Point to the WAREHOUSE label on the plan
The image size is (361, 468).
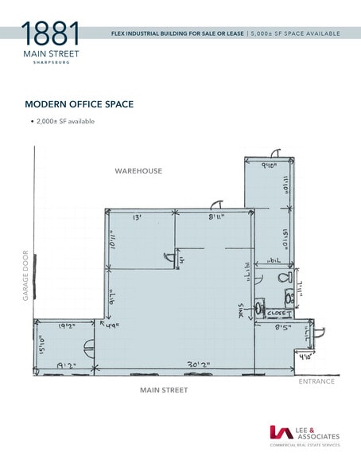click(x=138, y=171)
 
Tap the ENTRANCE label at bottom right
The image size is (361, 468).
click(x=316, y=382)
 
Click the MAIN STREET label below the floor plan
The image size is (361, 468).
click(x=164, y=390)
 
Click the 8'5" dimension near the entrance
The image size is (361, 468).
click(x=283, y=326)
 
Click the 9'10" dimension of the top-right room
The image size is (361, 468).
click(x=271, y=166)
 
